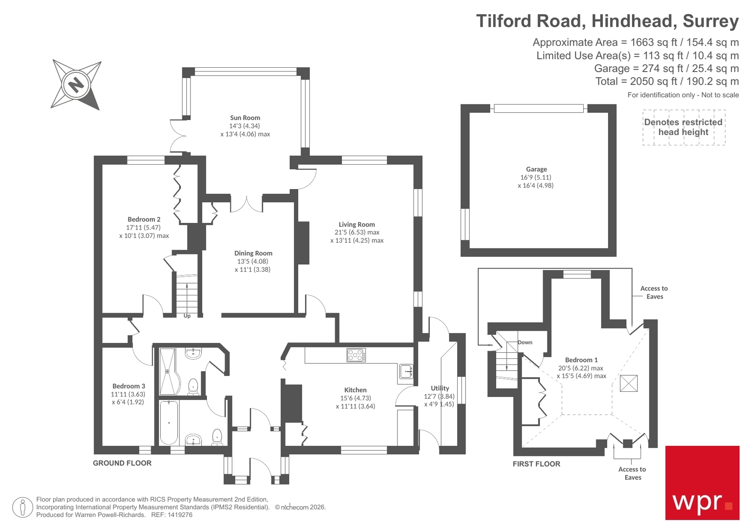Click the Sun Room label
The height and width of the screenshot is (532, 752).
(x=245, y=118)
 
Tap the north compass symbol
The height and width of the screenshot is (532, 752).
(x=76, y=85)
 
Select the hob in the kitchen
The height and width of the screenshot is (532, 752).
(x=356, y=355)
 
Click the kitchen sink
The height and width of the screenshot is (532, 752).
(x=406, y=371)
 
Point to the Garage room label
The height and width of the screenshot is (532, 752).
(x=536, y=169)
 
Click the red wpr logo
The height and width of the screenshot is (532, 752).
(x=702, y=483)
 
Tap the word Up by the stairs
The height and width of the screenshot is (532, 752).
(x=187, y=316)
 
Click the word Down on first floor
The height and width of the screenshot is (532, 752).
(x=525, y=342)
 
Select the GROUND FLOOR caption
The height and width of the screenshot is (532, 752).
(x=122, y=463)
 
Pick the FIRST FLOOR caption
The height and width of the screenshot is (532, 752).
(x=536, y=464)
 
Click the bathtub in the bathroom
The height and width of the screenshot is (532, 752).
(x=169, y=422)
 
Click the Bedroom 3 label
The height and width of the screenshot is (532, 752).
(x=128, y=386)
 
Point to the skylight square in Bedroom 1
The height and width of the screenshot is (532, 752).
(x=628, y=383)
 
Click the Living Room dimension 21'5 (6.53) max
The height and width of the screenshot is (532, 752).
(x=356, y=232)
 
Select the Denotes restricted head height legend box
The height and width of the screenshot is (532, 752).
(x=683, y=127)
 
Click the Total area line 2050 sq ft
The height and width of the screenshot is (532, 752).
(x=666, y=81)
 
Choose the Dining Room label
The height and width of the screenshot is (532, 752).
(x=253, y=253)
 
